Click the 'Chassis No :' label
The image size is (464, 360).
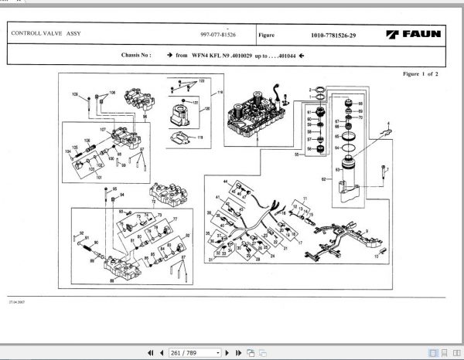136,56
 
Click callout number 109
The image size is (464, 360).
76,94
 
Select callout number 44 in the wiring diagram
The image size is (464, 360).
226,181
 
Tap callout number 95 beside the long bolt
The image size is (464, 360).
115,189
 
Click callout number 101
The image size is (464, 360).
98,177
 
